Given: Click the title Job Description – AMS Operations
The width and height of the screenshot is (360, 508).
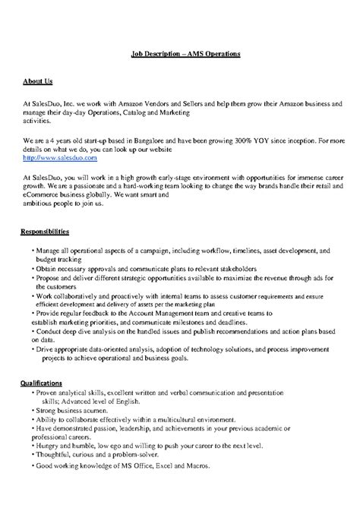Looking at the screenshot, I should click(x=181, y=55).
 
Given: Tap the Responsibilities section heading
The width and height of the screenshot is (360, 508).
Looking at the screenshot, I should click(x=46, y=230).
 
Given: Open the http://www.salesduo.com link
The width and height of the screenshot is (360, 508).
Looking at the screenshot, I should click(x=60, y=159).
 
